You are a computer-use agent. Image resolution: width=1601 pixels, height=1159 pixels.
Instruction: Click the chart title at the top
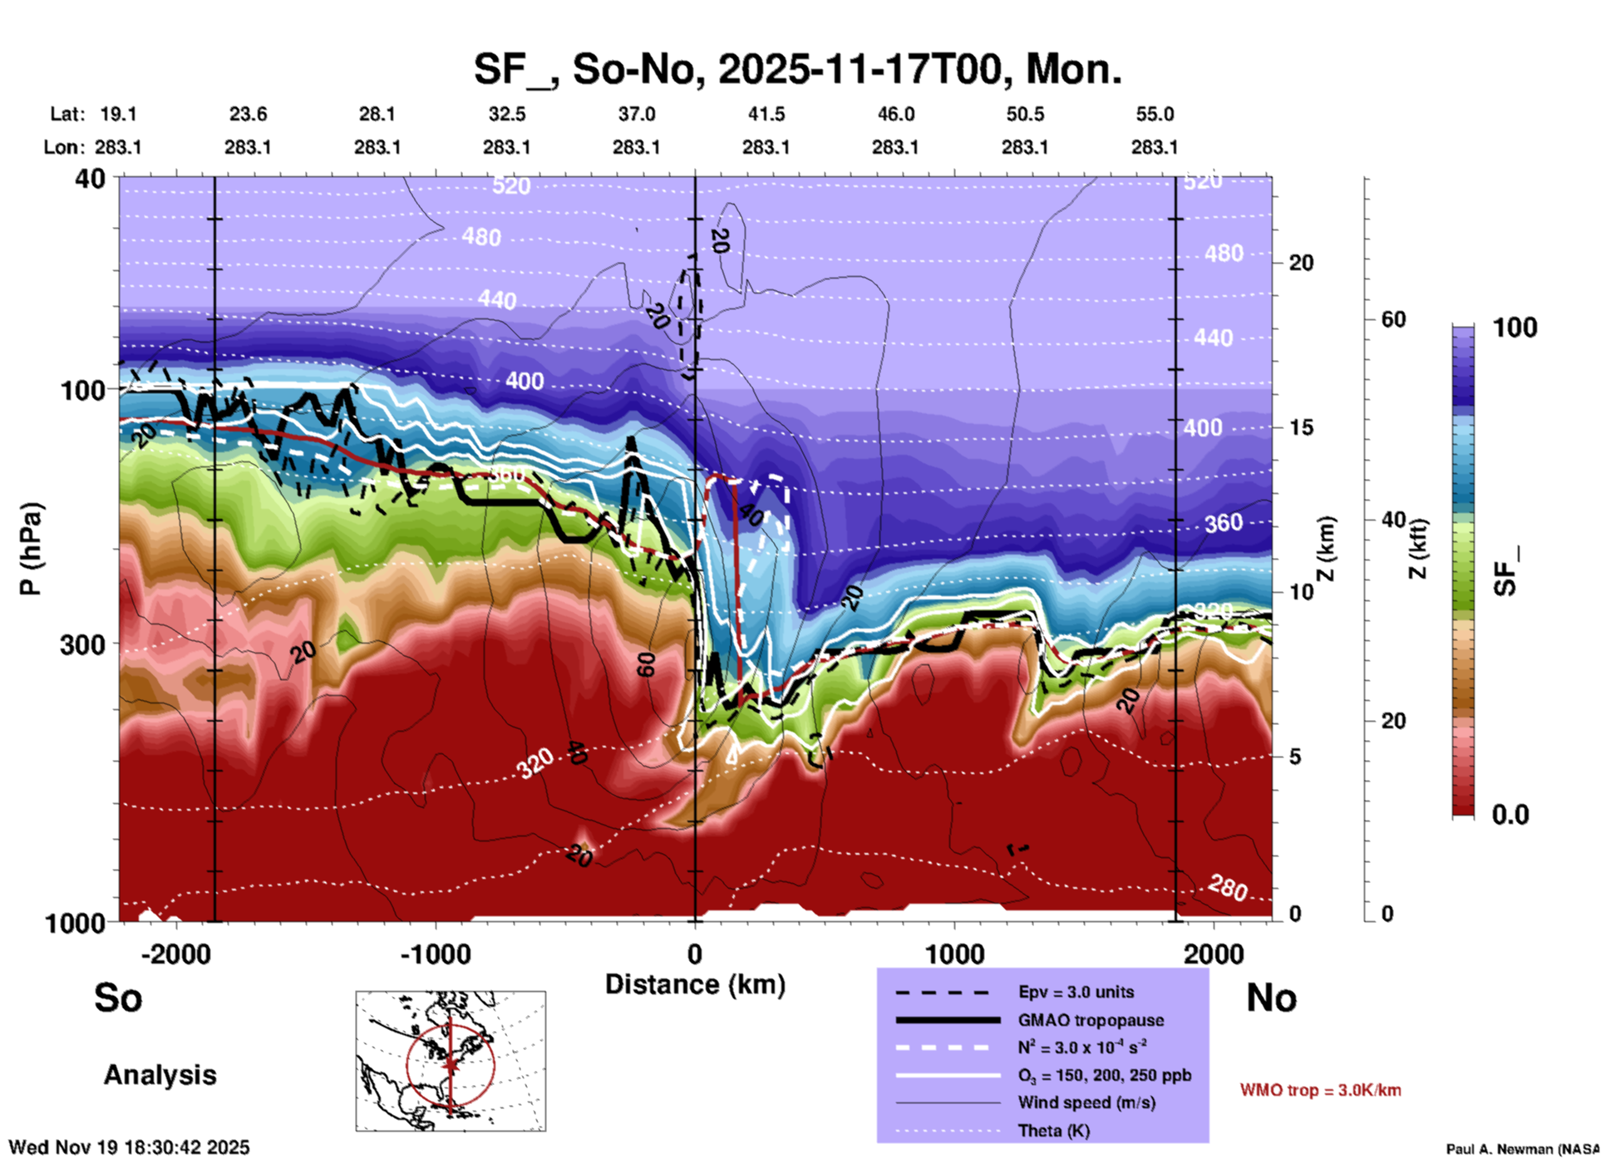(797, 69)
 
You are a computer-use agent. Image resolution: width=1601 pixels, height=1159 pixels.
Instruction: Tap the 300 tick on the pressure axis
(83, 645)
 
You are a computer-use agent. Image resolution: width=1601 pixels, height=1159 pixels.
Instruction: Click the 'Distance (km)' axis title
(695, 984)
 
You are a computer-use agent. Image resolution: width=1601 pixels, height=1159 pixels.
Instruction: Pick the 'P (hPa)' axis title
(31, 549)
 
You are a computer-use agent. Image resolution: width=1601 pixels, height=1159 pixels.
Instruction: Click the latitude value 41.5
(766, 114)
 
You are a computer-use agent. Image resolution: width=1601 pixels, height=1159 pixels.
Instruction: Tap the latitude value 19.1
(118, 114)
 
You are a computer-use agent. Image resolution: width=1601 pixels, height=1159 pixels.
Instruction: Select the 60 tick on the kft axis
(1393, 319)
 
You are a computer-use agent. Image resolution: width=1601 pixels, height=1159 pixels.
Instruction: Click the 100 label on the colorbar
(1515, 328)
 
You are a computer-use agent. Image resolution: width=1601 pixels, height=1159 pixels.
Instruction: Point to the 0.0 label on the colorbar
(1510, 814)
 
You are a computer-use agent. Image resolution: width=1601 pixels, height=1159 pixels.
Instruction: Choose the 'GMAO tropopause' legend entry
(1091, 1020)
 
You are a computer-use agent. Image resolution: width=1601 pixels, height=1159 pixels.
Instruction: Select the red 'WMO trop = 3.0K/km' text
(1320, 1090)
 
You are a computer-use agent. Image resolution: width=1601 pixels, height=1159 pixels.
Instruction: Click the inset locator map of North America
(451, 1061)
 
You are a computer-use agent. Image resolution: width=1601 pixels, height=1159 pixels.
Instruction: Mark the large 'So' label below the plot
(118, 998)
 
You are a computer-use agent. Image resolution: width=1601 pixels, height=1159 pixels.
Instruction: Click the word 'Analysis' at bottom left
(160, 1075)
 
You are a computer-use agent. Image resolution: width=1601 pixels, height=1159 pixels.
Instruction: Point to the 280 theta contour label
(1228, 888)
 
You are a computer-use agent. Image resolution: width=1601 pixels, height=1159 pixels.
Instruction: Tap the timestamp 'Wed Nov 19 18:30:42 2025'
(129, 1147)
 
